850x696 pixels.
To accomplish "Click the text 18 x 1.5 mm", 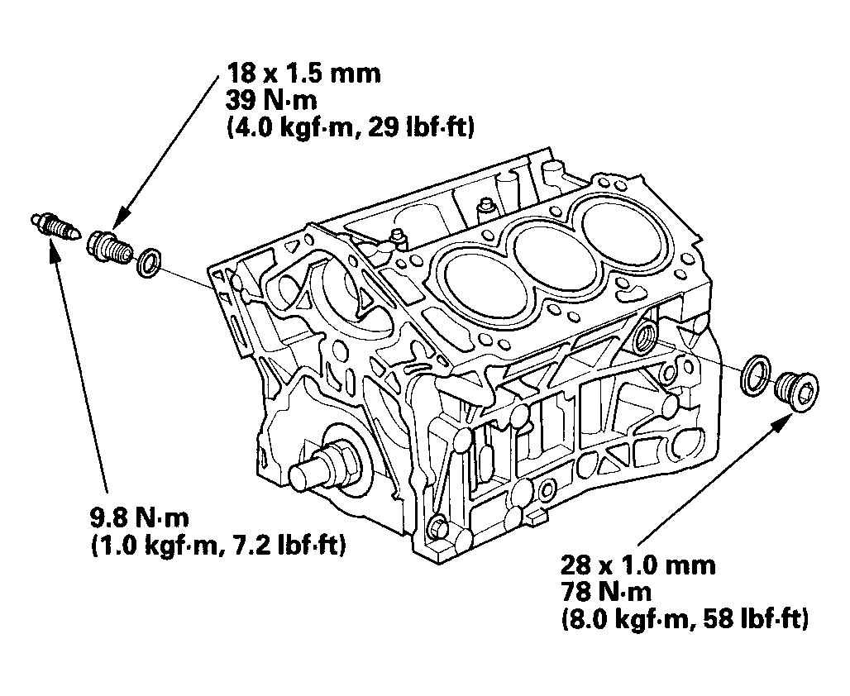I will tap(303, 74).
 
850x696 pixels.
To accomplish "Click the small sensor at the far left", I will tap(55, 226).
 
